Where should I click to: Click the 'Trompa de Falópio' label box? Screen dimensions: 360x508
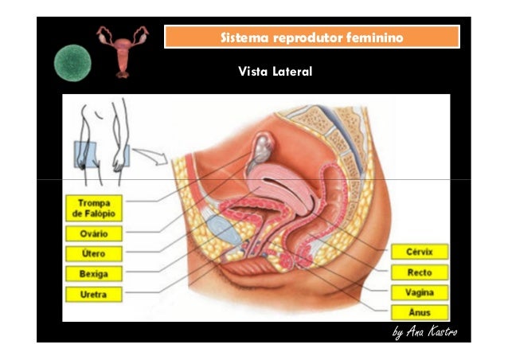pos(94,208)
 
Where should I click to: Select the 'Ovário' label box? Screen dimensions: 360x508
pos(94,234)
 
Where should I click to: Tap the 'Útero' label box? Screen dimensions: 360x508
pos(94,254)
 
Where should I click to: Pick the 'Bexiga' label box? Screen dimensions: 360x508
pos(94,274)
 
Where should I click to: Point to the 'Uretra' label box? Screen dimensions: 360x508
pos(94,294)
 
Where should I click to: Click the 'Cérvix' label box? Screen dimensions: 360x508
pos(419,252)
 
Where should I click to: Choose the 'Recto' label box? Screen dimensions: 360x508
pos(419,272)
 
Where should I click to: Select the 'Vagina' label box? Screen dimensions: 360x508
pos(419,292)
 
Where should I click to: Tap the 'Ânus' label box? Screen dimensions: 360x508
pos(419,312)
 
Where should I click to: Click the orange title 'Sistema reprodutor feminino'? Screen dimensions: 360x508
pos(311,37)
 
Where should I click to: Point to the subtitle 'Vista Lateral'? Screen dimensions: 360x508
pos(275,72)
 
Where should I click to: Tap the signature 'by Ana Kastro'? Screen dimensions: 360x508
pos(424,331)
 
